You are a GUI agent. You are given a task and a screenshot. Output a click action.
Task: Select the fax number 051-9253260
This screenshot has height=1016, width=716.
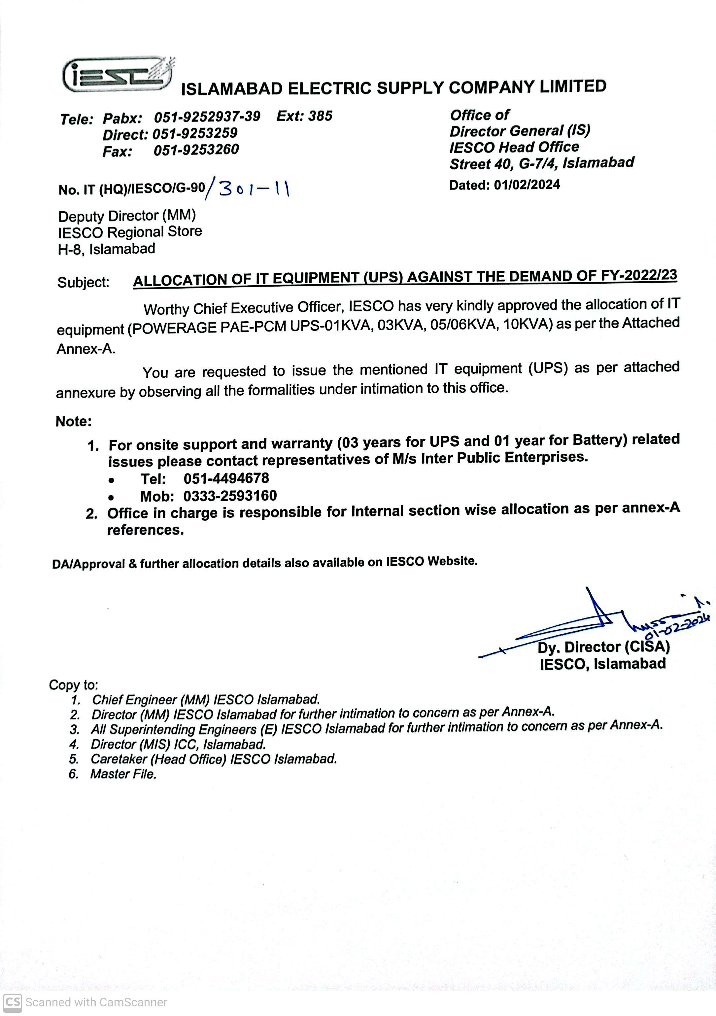coord(196,150)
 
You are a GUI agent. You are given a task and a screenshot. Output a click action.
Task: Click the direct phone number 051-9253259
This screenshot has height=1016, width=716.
coord(195,133)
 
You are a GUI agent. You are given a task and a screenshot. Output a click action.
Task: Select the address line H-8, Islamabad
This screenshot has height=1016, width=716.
coord(107,249)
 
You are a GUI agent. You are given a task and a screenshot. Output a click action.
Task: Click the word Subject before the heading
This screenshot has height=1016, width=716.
coord(83,282)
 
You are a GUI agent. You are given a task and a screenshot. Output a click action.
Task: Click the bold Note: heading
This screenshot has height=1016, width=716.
coord(74,421)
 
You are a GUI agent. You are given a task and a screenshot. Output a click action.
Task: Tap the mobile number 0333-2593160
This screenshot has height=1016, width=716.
coord(230,496)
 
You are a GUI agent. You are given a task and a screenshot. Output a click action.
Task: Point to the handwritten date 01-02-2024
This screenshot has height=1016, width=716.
coord(677,627)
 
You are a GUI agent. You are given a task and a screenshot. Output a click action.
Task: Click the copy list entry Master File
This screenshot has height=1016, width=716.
coord(123,774)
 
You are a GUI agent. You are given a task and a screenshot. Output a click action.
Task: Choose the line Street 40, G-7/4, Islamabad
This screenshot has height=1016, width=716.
coord(542,163)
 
